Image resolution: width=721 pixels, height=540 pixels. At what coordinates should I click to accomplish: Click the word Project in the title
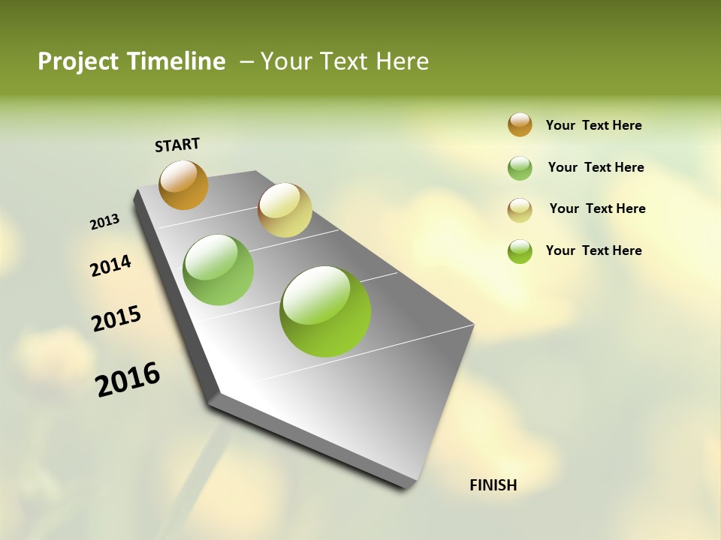pos(77,62)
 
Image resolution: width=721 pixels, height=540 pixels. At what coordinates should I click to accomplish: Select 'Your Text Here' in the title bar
pos(344,61)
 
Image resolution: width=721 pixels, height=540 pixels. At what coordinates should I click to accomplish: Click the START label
pos(177,145)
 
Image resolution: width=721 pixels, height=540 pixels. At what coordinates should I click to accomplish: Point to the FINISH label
pos(493,485)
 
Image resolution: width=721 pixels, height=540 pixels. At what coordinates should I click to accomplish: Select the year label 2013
pos(105,222)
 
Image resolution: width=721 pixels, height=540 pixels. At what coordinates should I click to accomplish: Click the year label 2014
pos(111,265)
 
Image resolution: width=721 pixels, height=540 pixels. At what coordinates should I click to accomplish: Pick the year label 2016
pos(128,379)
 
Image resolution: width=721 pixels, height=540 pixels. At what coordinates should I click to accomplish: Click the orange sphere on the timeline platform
pos(184,184)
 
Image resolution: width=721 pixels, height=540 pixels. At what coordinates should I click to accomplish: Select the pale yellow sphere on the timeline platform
pos(285,210)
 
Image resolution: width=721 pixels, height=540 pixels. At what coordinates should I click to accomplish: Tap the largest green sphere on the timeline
pos(325,311)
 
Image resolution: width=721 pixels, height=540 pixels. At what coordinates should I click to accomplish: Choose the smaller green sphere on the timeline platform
pos(219,270)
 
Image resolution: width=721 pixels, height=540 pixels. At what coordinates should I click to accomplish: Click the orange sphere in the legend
pos(520,125)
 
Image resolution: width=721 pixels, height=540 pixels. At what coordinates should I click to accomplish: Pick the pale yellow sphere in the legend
pos(520,210)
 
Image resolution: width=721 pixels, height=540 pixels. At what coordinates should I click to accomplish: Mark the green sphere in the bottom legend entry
pos(520,251)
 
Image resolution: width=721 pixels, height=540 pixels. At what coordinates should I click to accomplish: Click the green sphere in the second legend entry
pos(520,168)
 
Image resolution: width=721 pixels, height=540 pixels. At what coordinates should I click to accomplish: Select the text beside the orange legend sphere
pos(593,126)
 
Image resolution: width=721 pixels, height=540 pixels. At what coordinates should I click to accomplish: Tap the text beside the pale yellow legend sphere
pos(597,208)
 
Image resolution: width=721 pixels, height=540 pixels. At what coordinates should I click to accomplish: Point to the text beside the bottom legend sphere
pos(593,250)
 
